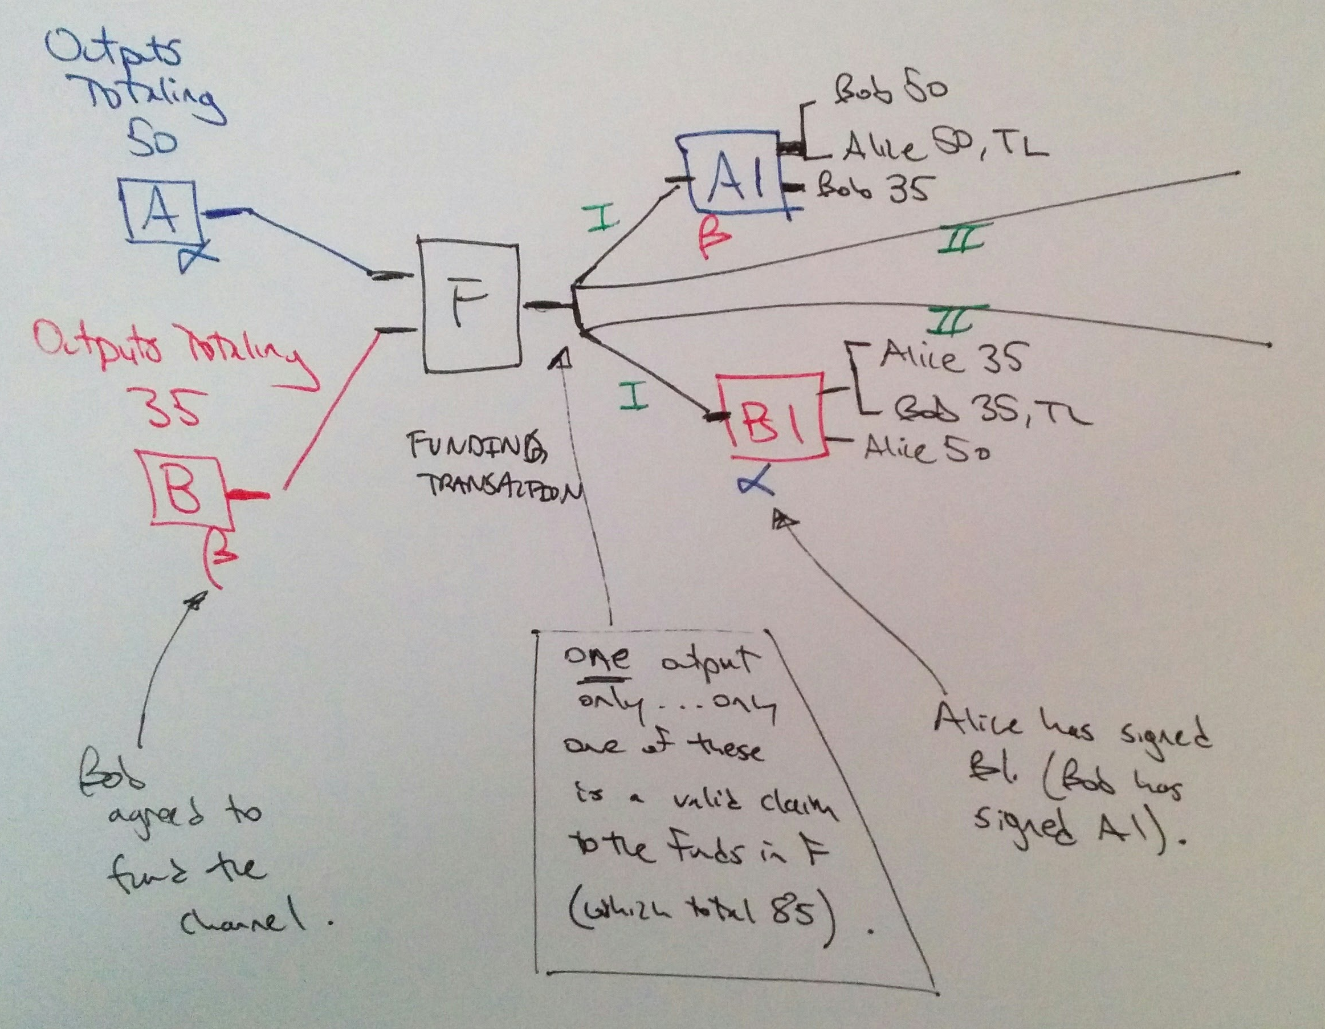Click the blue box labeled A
161,215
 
